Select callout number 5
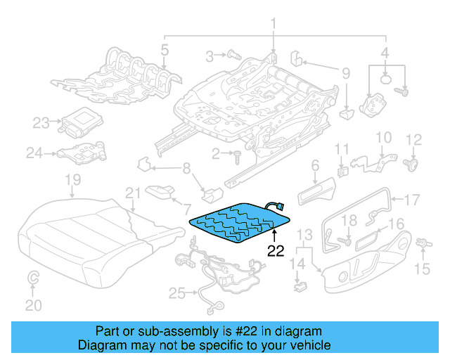coord(165,50)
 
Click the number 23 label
coord(41,123)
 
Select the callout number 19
coord(72,182)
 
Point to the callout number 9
coord(345,73)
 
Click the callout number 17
coord(411,198)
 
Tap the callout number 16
coord(397,224)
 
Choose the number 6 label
coord(315,165)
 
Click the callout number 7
coord(186,209)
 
